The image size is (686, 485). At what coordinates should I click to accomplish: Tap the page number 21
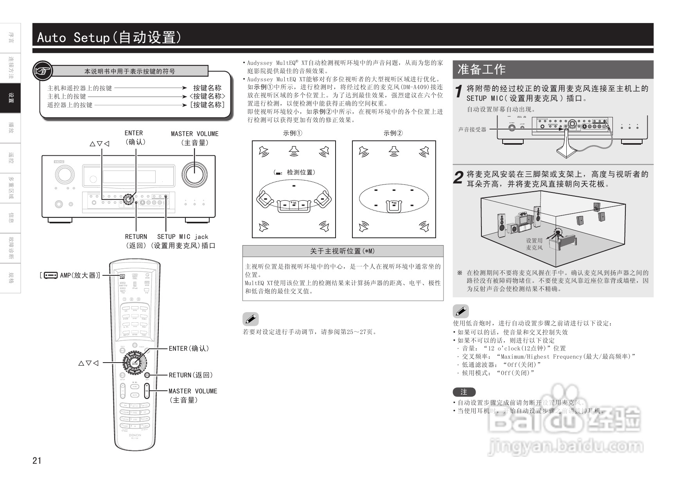pyautogui.click(x=37, y=460)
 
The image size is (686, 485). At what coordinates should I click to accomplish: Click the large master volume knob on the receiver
pyautogui.click(x=194, y=174)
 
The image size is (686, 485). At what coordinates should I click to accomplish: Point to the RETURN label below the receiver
pyautogui.click(x=136, y=237)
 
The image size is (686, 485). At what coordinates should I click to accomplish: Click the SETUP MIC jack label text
pyautogui.click(x=183, y=237)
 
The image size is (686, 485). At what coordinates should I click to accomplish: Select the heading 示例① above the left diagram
pyautogui.click(x=293, y=133)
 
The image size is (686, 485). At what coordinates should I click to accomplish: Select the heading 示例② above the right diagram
pyautogui.click(x=393, y=133)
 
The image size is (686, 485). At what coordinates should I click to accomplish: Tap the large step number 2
pyautogui.click(x=458, y=178)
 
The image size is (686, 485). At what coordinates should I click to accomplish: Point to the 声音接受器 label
pyautogui.click(x=472, y=129)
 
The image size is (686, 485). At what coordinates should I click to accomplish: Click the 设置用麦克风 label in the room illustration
pyautogui.click(x=534, y=244)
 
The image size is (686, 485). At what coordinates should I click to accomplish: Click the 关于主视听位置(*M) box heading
pyautogui.click(x=342, y=251)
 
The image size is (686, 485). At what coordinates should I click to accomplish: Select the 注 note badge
pyautogui.click(x=464, y=392)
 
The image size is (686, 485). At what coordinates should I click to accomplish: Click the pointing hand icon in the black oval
pyautogui.click(x=43, y=71)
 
